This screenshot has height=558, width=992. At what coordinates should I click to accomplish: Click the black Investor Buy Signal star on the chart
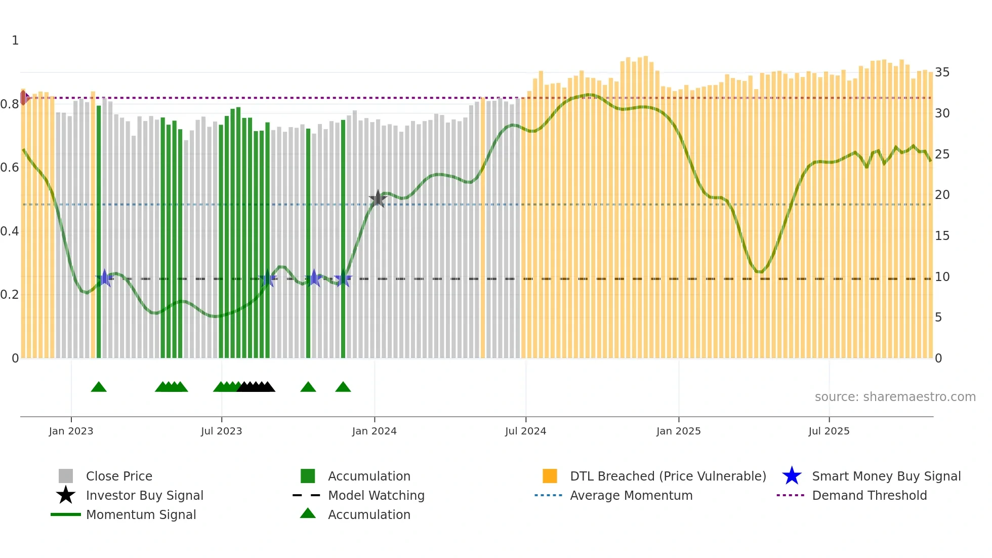click(x=378, y=198)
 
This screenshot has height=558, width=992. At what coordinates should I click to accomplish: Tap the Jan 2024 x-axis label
click(x=374, y=431)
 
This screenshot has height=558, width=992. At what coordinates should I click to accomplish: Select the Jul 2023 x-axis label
click(x=221, y=431)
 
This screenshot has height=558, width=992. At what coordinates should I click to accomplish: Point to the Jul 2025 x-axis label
click(x=829, y=431)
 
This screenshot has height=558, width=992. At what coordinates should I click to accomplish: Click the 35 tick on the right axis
click(x=942, y=72)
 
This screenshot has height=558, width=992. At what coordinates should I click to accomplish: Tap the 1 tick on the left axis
click(x=15, y=41)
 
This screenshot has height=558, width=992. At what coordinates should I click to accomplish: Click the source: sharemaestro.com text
click(x=895, y=397)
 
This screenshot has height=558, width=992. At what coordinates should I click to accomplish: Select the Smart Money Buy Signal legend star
click(x=792, y=476)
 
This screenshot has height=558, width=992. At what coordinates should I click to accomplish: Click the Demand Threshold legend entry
click(x=869, y=495)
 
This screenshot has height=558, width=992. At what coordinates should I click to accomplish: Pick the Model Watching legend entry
click(x=376, y=495)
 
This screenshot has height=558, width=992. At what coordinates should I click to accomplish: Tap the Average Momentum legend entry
click(x=631, y=495)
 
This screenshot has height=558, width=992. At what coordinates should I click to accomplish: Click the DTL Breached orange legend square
click(x=550, y=476)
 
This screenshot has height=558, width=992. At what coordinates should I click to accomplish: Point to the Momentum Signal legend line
click(x=66, y=514)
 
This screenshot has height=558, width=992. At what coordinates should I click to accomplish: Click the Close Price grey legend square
click(x=66, y=476)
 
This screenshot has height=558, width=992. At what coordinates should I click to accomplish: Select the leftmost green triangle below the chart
click(x=99, y=387)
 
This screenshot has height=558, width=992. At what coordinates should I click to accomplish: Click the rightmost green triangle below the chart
click(x=343, y=387)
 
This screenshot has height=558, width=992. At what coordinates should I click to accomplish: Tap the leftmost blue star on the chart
click(x=105, y=278)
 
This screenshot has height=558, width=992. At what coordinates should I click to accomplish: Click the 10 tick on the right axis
click(x=942, y=277)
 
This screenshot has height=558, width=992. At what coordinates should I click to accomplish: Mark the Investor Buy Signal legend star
click(x=66, y=495)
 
